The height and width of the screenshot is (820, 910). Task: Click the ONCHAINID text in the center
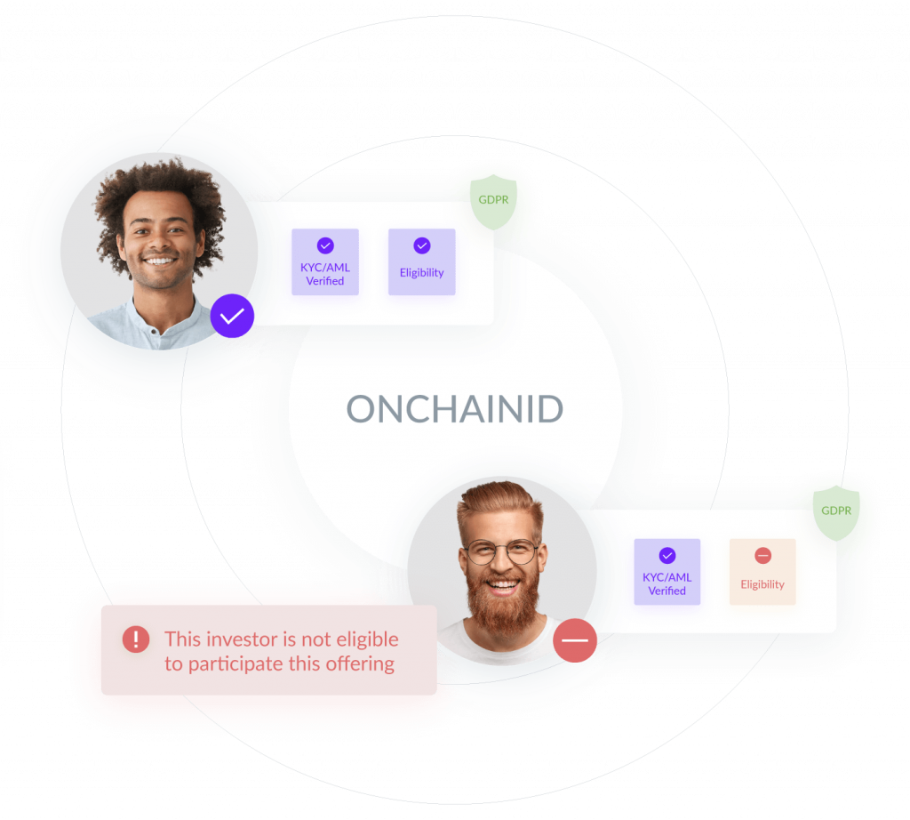pos(454,409)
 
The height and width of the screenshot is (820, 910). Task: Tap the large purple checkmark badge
pos(232,316)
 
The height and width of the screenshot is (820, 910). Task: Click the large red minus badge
pos(575,640)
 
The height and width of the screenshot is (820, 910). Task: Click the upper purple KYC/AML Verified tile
pos(325,261)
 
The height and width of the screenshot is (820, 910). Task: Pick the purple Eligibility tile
pos(422,261)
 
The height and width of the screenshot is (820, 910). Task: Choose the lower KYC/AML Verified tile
pos(667,572)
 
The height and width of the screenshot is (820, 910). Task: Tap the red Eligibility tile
pos(762,572)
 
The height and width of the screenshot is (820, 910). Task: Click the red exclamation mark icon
pos(136,639)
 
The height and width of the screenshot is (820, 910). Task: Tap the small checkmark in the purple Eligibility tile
pos(422,245)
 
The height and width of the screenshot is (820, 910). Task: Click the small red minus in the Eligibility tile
pos(762,556)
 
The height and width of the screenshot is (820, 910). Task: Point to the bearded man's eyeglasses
pos(503,551)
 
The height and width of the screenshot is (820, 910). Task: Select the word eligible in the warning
pos(367,639)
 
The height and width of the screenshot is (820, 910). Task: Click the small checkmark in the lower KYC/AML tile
pos(667,556)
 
